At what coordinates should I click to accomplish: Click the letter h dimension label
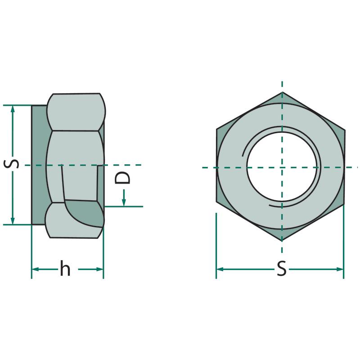(65, 268)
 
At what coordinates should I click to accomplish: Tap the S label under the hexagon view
(282, 268)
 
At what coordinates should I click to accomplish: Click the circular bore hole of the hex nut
(282, 167)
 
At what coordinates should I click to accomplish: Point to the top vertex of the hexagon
(282, 92)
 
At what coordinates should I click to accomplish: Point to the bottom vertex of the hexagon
(282, 241)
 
